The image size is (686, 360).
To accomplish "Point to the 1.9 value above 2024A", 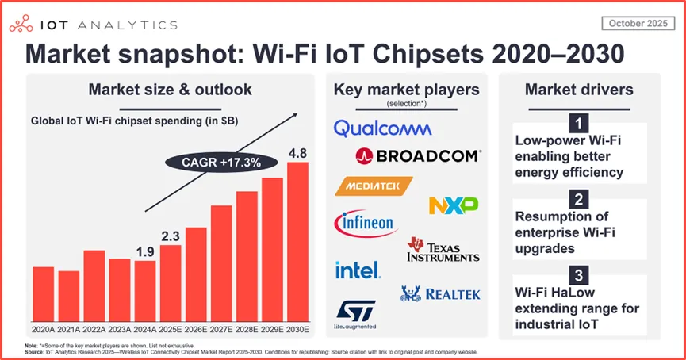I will tap(144, 252).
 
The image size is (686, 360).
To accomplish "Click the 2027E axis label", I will tap(220, 327).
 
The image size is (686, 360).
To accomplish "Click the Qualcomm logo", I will tap(382, 128).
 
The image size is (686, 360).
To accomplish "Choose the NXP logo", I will tap(453, 205).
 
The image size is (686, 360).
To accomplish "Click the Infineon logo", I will tap(366, 223).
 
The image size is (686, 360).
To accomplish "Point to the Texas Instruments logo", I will tap(443, 250).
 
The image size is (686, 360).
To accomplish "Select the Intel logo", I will tap(357, 270).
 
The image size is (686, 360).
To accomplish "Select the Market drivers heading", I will tap(579, 89).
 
